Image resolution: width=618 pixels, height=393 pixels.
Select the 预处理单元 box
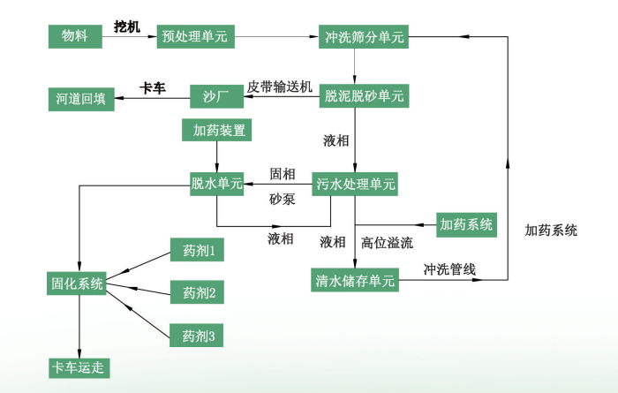(x=194, y=36)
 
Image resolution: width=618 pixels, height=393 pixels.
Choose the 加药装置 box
(x=217, y=130)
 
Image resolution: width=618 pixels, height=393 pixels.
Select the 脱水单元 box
(x=216, y=184)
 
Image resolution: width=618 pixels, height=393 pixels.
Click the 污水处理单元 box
(x=356, y=184)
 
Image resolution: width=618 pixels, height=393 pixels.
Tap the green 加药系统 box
(x=468, y=224)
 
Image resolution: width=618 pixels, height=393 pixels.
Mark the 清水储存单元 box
(x=356, y=281)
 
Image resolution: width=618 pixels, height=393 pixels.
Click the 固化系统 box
(x=77, y=283)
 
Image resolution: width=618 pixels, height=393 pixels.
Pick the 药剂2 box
(x=199, y=291)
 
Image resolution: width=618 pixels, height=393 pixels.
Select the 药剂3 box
(x=199, y=335)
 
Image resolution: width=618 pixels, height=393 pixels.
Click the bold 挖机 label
(x=127, y=26)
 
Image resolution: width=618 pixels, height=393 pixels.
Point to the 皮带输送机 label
(x=280, y=86)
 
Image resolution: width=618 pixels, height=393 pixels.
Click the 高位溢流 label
(x=387, y=241)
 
